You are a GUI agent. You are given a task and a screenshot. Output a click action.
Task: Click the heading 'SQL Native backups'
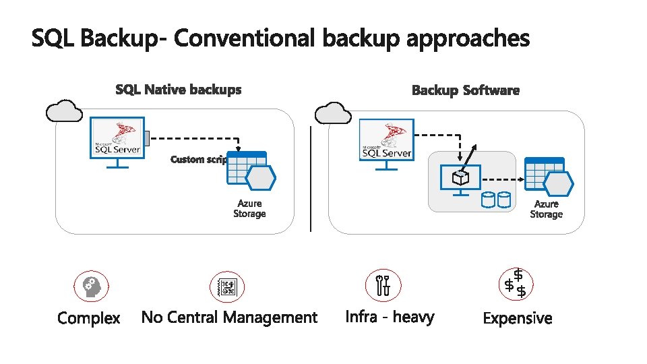pyautogui.click(x=178, y=90)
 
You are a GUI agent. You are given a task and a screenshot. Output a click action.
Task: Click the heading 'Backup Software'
pyautogui.click(x=466, y=90)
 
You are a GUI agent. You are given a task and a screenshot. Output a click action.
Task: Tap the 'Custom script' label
pyautogui.click(x=198, y=160)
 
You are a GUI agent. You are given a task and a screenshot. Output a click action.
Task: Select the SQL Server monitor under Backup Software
pyautogui.click(x=387, y=144)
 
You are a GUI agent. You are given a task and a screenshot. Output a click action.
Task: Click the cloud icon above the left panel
pyautogui.click(x=65, y=111)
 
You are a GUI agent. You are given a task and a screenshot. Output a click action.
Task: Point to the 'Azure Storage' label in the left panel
pyautogui.click(x=249, y=208)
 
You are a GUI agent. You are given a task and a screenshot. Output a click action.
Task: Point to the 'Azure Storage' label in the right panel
pyautogui.click(x=546, y=209)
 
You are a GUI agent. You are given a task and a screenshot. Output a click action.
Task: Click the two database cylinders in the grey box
pyautogui.click(x=495, y=200)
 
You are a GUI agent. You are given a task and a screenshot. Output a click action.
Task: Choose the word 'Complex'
pyautogui.click(x=89, y=318)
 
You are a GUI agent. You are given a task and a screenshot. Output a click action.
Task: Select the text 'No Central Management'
pyautogui.click(x=229, y=317)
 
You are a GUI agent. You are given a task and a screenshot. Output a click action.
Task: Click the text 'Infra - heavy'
pyautogui.click(x=390, y=317)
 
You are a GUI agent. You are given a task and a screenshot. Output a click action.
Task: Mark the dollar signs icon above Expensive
pyautogui.click(x=516, y=283)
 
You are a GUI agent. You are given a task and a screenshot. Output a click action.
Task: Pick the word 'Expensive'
pyautogui.click(x=518, y=319)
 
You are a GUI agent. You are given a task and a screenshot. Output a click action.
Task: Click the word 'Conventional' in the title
pyautogui.click(x=245, y=38)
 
